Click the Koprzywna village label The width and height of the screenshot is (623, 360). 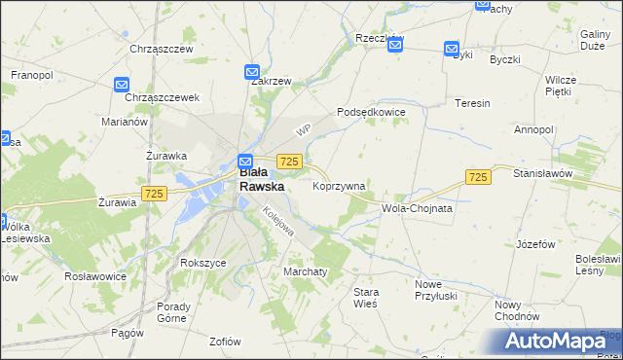tap(339, 186)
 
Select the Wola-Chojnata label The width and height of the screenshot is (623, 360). tap(418, 208)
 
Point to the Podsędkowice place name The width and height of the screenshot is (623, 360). tap(371, 112)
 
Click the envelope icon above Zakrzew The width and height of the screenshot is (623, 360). tap(251, 71)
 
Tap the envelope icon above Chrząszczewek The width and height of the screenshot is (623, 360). tap(122, 86)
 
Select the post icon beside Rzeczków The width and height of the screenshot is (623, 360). tap(395, 45)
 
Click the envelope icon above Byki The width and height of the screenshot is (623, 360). tap(452, 48)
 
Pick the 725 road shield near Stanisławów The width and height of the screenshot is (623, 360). tap(477, 176)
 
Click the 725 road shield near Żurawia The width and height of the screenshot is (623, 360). tap(153, 195)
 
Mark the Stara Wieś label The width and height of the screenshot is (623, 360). tap(366, 298)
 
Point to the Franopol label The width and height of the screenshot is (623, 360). tap(32, 74)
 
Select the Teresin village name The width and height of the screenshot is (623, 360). tap(472, 102)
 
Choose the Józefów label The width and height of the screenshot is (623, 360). tap(536, 244)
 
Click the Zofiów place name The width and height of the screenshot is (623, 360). tap(225, 341)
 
